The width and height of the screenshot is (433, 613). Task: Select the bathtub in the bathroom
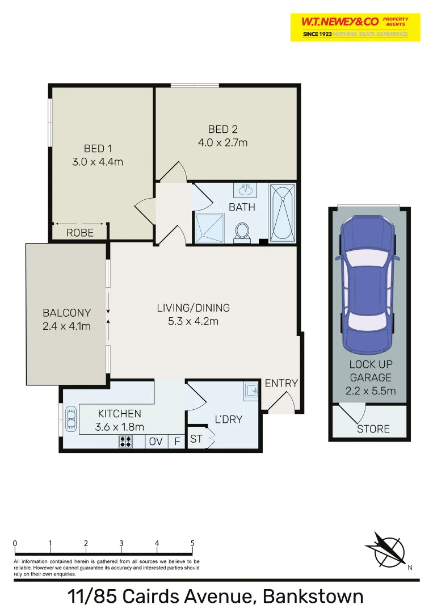point(281,212)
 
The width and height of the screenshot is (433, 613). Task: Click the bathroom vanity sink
point(246,190)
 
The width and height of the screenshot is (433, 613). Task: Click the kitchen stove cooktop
point(125,441)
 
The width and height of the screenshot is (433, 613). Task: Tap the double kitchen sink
point(71,419)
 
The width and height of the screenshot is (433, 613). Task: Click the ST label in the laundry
point(196,439)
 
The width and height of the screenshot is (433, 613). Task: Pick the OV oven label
point(155,441)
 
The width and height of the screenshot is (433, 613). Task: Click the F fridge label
point(177,441)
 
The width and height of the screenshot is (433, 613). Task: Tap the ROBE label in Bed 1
point(79,233)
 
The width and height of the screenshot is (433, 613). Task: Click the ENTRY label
point(281,383)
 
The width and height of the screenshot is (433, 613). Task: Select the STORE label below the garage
point(373,429)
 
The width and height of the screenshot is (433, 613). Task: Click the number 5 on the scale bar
point(192,543)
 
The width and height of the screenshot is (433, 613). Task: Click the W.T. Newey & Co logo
point(355,27)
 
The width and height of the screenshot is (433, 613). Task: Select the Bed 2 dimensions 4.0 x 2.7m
point(222,143)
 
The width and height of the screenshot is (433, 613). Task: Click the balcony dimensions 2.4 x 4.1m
point(66,326)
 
